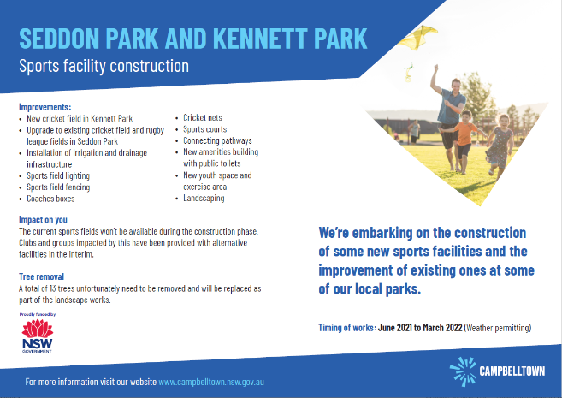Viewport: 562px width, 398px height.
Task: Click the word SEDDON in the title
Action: pos(59,38)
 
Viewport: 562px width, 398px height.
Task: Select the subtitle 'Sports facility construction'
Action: pos(104,67)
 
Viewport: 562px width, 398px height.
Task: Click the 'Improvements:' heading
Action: pos(45,107)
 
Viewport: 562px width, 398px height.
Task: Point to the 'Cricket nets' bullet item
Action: pos(203,117)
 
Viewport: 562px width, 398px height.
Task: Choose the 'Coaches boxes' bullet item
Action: pos(50,199)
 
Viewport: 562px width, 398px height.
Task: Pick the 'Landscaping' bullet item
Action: pos(204,199)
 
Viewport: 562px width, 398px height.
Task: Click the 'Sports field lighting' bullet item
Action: pos(58,175)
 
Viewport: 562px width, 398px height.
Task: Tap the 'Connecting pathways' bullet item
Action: pos(217,140)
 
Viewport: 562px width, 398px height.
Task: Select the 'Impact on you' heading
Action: pos(43,220)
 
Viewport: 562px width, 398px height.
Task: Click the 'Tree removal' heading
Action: pos(42,276)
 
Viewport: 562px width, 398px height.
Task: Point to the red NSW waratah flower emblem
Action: pos(38,328)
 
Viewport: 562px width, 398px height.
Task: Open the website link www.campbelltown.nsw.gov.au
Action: pos(211,382)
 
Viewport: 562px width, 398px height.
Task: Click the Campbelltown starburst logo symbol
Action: pos(463,371)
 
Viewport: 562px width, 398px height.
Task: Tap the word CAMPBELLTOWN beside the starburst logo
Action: pos(512,371)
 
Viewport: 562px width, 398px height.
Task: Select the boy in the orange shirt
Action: pos(464,142)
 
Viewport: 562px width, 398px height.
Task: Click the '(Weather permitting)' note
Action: pos(498,328)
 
